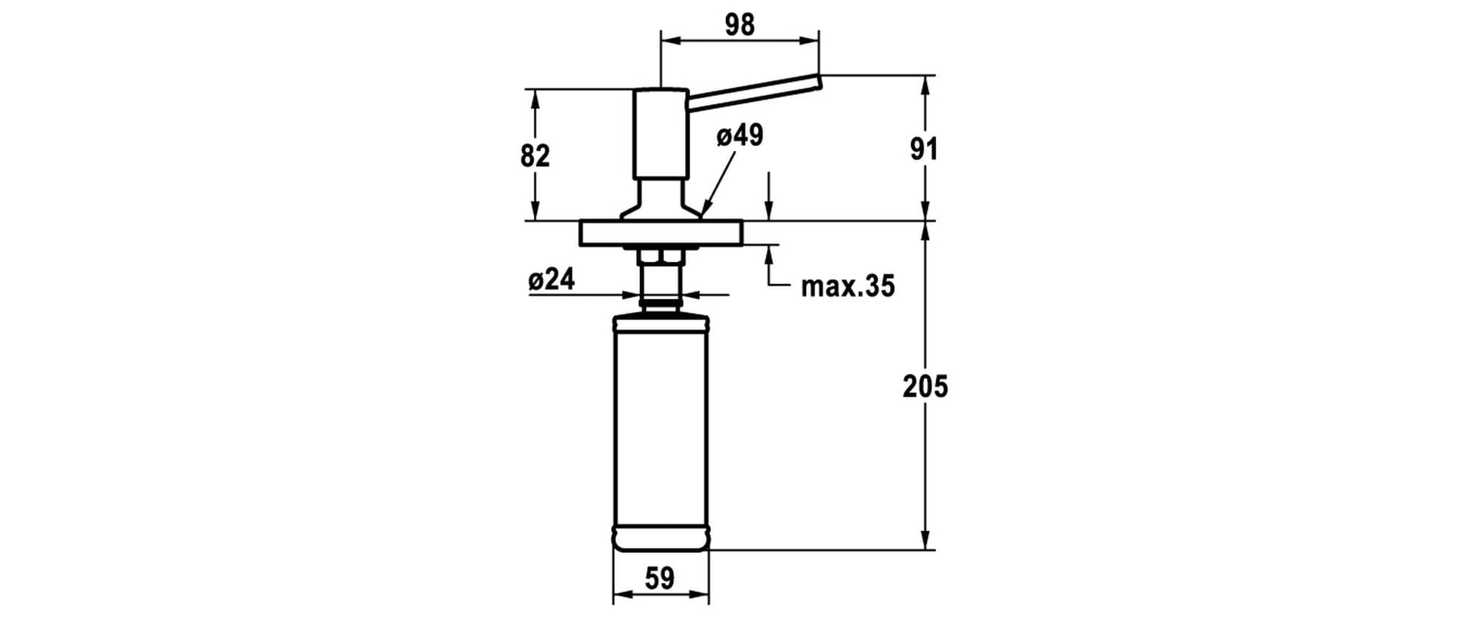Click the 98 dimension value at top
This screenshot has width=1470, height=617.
tap(740, 25)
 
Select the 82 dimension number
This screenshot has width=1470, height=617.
tap(535, 156)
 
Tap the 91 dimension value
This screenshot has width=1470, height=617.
tap(924, 150)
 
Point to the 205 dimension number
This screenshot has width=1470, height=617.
tap(925, 386)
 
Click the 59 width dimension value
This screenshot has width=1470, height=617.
tap(659, 578)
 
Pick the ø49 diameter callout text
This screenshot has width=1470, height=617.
tap(740, 136)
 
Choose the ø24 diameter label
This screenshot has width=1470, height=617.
tap(551, 279)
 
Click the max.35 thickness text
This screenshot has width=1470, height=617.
tap(848, 286)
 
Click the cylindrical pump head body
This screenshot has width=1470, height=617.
tap(660, 133)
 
